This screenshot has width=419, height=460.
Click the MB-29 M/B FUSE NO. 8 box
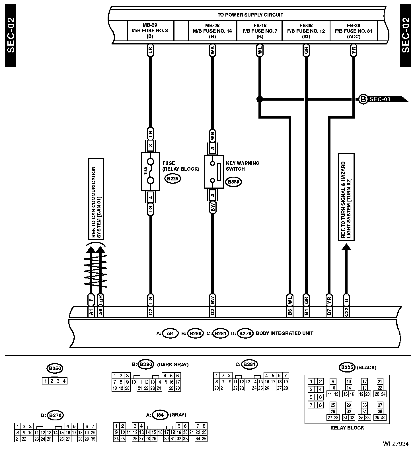coord(150,30)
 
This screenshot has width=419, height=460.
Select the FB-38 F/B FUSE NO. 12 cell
coord(306,30)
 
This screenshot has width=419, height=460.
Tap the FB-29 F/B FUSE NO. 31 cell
coord(354,30)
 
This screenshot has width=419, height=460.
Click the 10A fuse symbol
coord(150,171)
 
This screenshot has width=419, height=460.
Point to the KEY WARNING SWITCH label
coord(243,166)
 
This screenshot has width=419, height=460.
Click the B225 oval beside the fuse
coord(172,179)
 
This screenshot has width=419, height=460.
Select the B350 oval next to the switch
coord(233,182)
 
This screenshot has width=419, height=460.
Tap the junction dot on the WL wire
coord(259,99)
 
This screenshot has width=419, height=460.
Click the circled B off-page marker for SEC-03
coord(363,99)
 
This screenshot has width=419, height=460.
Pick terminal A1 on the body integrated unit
coord(91,312)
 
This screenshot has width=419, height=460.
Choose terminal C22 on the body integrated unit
coord(346,312)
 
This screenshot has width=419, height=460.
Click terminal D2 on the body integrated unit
coord(212,312)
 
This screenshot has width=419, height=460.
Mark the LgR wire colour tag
coord(100,300)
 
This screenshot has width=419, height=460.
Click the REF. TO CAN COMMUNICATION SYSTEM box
coord(96,199)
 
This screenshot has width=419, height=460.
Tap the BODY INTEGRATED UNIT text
coord(284,333)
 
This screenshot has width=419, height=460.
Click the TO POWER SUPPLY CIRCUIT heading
coord(250,15)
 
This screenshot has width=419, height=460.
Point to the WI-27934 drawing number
coord(395,444)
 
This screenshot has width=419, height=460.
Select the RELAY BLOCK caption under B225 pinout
coord(347,428)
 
